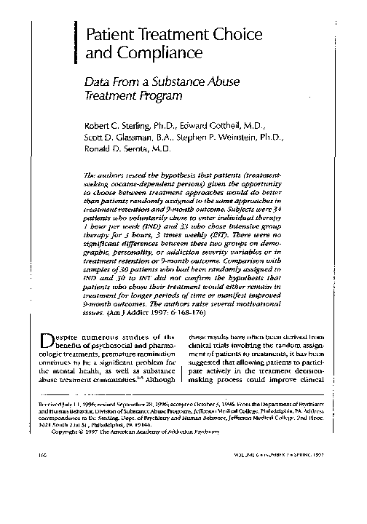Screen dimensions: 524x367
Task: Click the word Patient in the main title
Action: coord(111,33)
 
